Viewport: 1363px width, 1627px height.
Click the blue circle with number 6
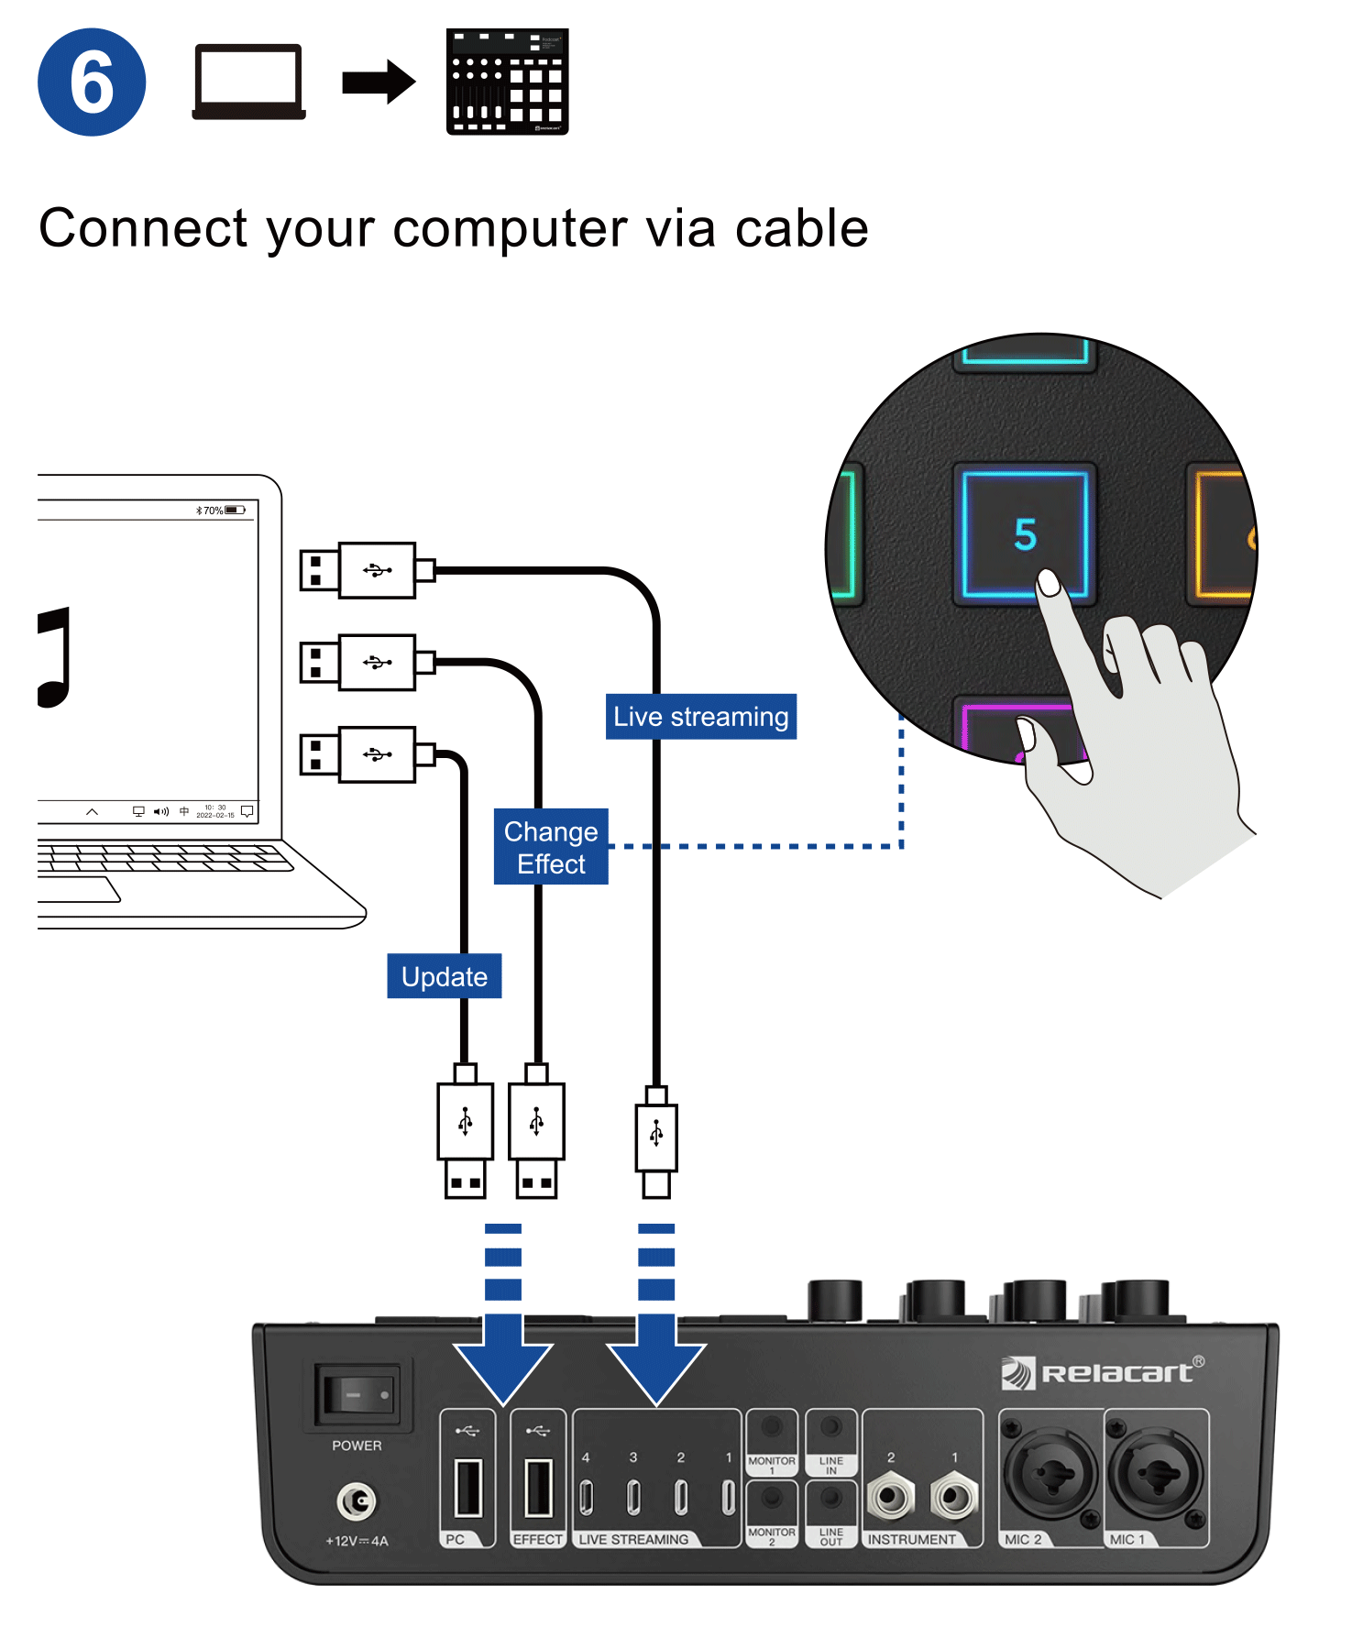click(x=92, y=82)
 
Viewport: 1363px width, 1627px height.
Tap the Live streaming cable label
click(x=700, y=717)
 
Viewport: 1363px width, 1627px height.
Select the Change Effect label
click(x=551, y=847)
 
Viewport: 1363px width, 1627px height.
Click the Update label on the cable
click(x=445, y=977)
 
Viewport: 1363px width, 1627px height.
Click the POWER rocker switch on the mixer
click(x=357, y=1394)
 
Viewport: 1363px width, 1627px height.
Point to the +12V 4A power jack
click(x=357, y=1501)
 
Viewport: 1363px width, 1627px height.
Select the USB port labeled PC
click(x=468, y=1488)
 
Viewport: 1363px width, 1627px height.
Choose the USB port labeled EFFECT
click(x=538, y=1488)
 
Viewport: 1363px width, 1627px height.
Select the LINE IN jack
click(x=831, y=1428)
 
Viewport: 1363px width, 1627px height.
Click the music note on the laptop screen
click(x=55, y=656)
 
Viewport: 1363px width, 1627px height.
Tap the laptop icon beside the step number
click(x=248, y=82)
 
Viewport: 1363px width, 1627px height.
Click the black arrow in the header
click(x=379, y=82)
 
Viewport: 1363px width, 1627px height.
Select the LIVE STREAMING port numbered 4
click(x=587, y=1498)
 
